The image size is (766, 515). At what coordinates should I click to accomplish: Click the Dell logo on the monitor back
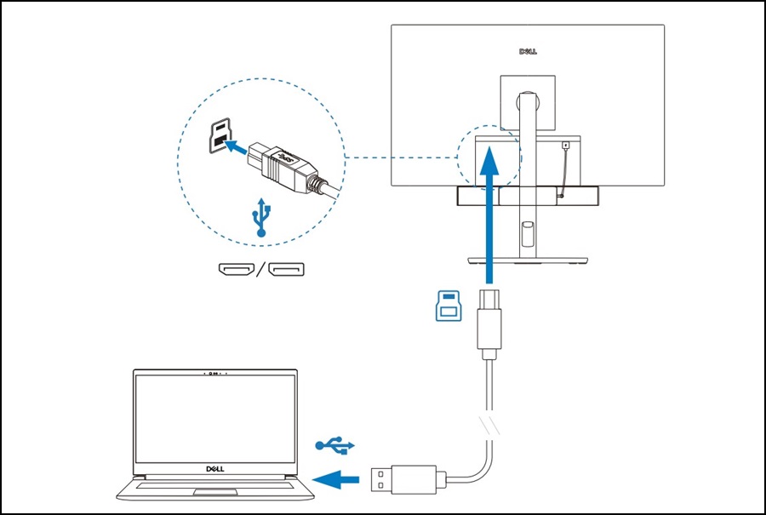tap(527, 51)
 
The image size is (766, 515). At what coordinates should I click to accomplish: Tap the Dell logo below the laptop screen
tap(214, 468)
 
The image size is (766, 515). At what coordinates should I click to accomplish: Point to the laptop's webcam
tap(214, 374)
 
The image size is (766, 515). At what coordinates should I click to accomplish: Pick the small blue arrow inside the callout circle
tap(242, 147)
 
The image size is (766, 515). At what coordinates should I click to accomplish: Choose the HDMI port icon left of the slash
tap(236, 271)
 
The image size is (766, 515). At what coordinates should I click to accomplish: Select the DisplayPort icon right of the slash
tap(286, 271)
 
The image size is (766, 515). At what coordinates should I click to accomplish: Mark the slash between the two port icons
tap(260, 271)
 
